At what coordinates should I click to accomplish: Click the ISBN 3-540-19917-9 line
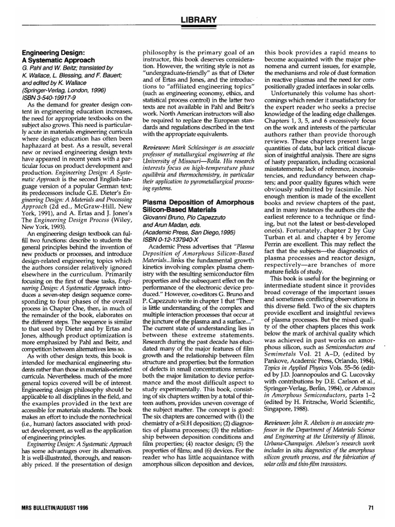pyautogui.click(x=47, y=95)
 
